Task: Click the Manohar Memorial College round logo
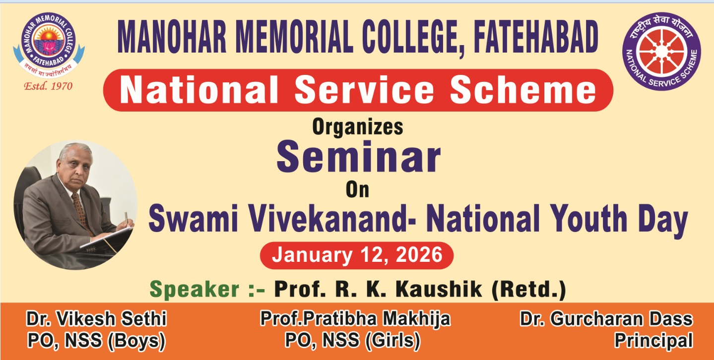pos(49,45)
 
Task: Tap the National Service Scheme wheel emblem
pos(661,51)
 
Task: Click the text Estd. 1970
pos(49,86)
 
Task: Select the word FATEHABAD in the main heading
pos(536,37)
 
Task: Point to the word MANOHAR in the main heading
pos(172,37)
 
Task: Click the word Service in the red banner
pos(364,90)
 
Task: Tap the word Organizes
pos(358,127)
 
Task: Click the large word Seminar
pos(359,157)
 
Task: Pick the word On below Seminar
pos(358,190)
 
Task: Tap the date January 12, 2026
pos(357,255)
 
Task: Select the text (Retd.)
pos(529,290)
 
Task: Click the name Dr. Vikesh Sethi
pos(96,319)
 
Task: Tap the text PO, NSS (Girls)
pos(353,340)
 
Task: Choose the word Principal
pos(653,341)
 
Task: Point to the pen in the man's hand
pos(126,219)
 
